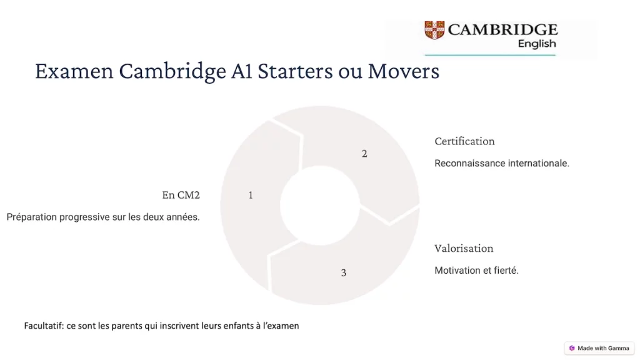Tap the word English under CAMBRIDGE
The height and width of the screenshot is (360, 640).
(536, 44)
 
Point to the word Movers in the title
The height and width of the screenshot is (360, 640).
(403, 71)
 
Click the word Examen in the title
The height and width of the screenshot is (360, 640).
(74, 71)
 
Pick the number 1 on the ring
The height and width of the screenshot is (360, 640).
(251, 195)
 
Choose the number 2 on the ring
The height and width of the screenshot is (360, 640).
(364, 154)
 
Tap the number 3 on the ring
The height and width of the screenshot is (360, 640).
(343, 272)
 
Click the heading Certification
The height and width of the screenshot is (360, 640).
(464, 141)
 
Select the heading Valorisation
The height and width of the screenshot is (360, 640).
(464, 249)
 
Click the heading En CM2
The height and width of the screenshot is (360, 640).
(181, 195)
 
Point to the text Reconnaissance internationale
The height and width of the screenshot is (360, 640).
(502, 164)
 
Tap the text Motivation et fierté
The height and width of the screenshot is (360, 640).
(476, 271)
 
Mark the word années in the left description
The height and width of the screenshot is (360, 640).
(183, 217)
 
